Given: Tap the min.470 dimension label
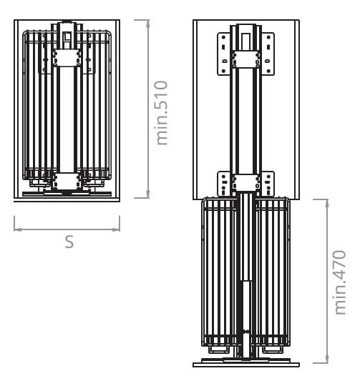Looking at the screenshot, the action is [340, 282].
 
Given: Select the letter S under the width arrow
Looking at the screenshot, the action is [69, 242].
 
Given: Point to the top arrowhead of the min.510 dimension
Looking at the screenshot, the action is [147, 23].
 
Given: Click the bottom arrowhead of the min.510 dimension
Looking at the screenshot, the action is [147, 194].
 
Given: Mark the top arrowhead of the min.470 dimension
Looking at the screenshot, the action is [327, 203].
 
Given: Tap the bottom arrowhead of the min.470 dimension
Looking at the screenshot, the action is [327, 360].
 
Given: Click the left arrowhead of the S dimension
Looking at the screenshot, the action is [18, 229].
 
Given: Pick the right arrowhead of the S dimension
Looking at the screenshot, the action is [116, 229].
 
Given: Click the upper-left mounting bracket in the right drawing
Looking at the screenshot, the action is [224, 54].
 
